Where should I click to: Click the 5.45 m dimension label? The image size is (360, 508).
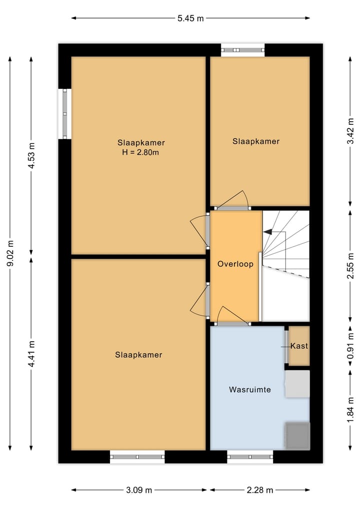click(x=190, y=18)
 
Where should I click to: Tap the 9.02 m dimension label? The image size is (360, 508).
click(x=10, y=254)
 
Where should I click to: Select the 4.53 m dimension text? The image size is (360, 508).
click(x=31, y=156)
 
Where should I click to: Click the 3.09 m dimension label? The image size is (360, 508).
click(x=139, y=490)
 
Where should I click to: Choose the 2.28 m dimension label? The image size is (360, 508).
click(x=259, y=490)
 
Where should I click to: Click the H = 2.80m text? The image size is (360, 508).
click(x=140, y=152)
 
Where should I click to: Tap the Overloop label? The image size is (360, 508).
click(x=235, y=264)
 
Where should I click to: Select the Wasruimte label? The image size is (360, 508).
click(x=250, y=389)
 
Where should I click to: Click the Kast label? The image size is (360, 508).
click(x=299, y=346)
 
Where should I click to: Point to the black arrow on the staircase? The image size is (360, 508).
click(x=267, y=232)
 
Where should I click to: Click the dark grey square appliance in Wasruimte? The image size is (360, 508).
click(x=297, y=435)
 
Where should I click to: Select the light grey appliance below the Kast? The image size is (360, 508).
click(x=297, y=384)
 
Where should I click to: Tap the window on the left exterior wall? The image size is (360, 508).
click(x=64, y=114)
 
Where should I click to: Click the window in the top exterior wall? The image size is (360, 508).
click(x=243, y=50)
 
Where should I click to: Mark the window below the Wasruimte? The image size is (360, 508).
click(x=250, y=456)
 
